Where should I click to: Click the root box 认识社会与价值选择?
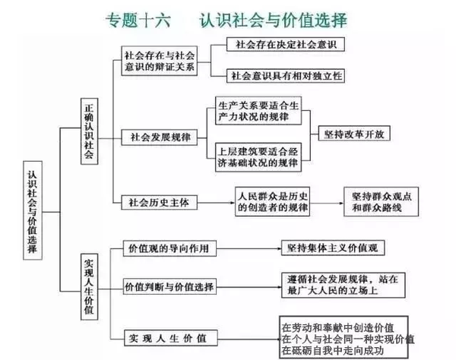(x=33, y=210)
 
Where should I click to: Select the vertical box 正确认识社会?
(x=89, y=131)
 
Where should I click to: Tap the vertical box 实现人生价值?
(x=89, y=287)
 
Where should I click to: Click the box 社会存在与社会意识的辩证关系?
(x=160, y=61)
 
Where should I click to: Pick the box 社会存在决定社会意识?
(x=286, y=45)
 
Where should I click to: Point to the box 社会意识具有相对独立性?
(x=286, y=76)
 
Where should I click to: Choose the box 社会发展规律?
(x=160, y=137)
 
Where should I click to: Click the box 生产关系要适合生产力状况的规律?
(x=258, y=111)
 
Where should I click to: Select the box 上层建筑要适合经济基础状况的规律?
(x=258, y=157)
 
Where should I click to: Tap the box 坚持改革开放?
(x=354, y=134)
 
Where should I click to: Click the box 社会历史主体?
(x=160, y=202)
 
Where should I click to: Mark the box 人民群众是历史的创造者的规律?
(x=273, y=202)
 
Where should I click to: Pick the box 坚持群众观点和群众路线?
(x=382, y=202)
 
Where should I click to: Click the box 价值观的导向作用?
(x=169, y=248)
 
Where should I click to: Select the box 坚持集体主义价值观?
(x=333, y=248)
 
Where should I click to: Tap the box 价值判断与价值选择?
(x=169, y=287)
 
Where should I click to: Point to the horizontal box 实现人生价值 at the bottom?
(x=171, y=338)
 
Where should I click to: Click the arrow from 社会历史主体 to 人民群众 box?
(x=216, y=203)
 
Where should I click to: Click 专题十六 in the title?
(x=138, y=21)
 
